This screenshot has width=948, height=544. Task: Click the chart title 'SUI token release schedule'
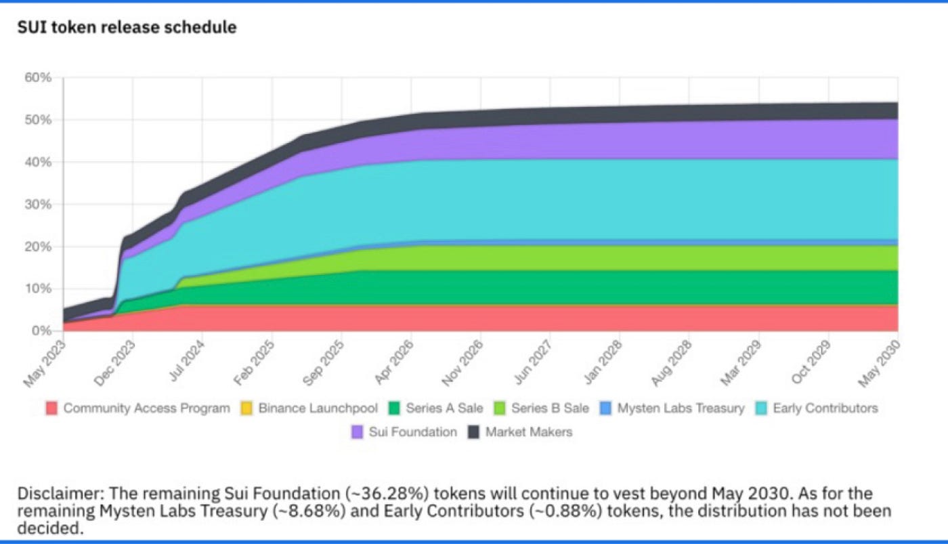(127, 28)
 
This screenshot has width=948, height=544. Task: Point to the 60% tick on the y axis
(38, 78)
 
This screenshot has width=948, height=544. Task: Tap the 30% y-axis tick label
(38, 205)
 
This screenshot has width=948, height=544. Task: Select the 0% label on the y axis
(42, 331)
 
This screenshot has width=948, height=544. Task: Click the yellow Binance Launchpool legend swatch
(246, 409)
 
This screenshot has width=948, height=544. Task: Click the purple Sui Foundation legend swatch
(358, 432)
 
